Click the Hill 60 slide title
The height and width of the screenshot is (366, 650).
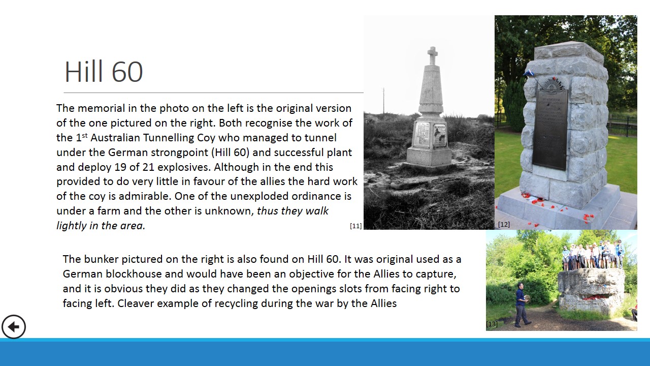[x=104, y=72]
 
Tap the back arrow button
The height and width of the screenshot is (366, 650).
[x=14, y=327]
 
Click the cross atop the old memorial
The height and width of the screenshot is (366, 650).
[x=432, y=55]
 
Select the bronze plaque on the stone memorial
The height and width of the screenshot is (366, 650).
[x=550, y=130]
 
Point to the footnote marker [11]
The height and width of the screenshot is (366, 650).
[x=356, y=226]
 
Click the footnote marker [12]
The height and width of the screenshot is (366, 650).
[x=504, y=224]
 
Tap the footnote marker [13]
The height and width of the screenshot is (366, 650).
[x=492, y=324]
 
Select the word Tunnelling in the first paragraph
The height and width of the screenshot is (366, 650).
[x=169, y=138]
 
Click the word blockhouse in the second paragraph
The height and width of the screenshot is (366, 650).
[x=145, y=274]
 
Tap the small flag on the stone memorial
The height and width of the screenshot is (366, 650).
[x=530, y=73]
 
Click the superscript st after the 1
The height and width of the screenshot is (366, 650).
[x=84, y=135]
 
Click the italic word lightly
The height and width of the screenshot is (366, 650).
[x=72, y=226]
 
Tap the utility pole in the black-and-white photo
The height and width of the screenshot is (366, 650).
[x=383, y=101]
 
